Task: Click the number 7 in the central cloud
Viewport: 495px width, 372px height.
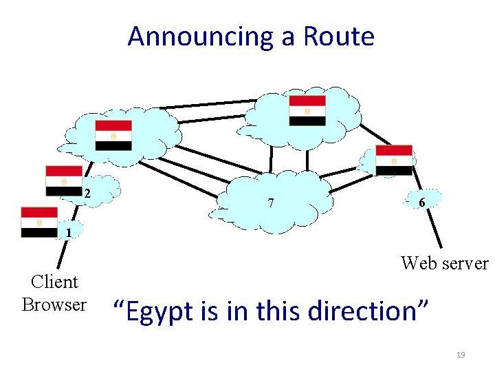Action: point(272,203)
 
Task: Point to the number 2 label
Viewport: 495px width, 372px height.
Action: point(87,194)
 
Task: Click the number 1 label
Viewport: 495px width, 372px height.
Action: point(69,233)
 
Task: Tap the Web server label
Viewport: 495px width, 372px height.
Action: point(444,263)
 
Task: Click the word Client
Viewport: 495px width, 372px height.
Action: point(55,282)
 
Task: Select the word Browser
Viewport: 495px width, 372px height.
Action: point(54,304)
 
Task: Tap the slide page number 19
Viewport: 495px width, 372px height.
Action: point(461,355)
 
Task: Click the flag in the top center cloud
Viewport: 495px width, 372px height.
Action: point(307,111)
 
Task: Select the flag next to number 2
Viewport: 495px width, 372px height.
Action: point(64,180)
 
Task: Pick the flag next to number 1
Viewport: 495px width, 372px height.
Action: point(39,222)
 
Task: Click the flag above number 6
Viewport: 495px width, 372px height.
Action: point(394,160)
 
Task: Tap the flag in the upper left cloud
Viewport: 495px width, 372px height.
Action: point(113,136)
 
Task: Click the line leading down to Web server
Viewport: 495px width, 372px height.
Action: point(431,227)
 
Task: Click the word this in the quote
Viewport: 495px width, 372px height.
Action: point(280,311)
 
